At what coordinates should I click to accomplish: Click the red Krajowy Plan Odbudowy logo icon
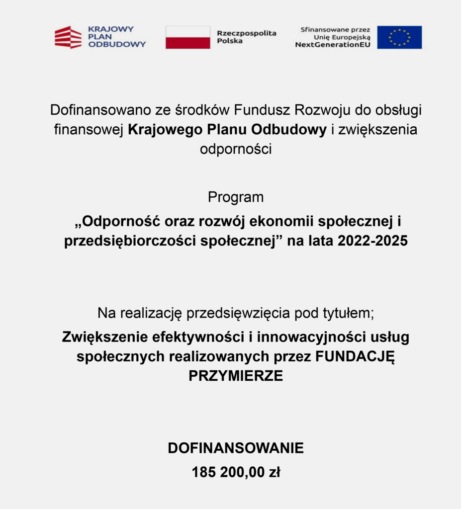(x=68, y=37)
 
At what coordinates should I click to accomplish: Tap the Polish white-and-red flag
(x=187, y=37)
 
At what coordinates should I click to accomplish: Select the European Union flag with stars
(x=399, y=37)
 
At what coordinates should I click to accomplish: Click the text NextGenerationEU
(x=332, y=45)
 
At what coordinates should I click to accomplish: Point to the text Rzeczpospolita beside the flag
(x=246, y=33)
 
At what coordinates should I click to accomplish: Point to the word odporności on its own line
(x=236, y=149)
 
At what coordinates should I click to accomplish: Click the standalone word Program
(x=236, y=197)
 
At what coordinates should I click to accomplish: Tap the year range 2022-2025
(x=372, y=242)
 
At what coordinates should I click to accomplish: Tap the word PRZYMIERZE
(x=236, y=376)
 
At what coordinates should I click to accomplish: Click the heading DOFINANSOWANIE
(x=236, y=448)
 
